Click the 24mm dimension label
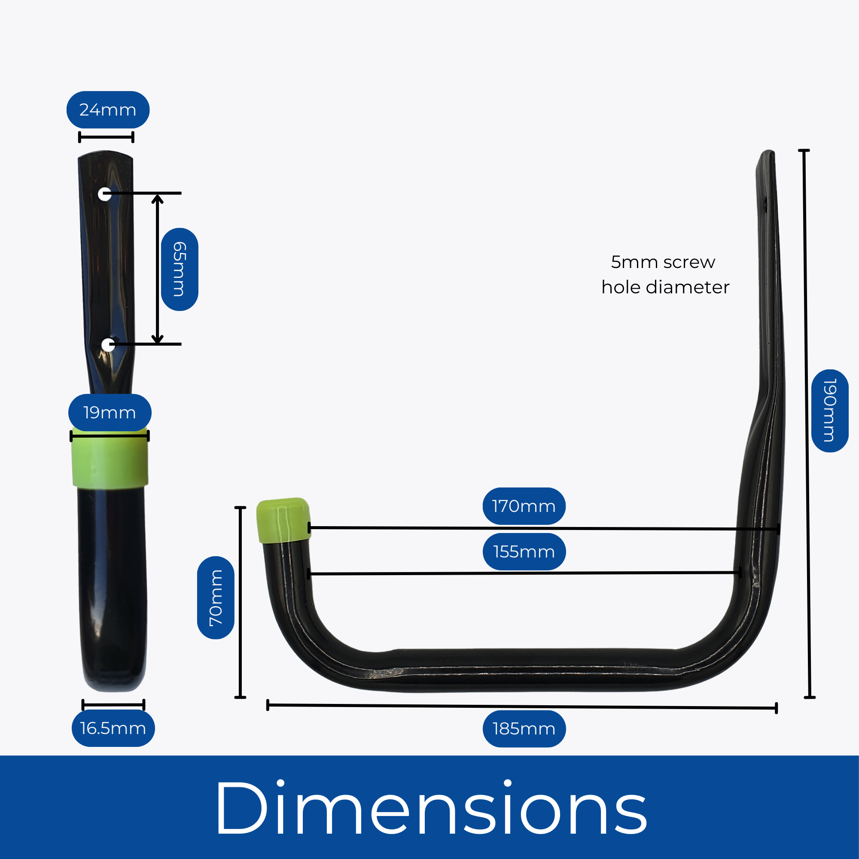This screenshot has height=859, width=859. (108, 110)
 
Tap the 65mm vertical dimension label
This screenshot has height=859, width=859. (179, 269)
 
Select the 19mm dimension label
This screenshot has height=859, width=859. (110, 413)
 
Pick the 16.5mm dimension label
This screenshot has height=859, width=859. (113, 728)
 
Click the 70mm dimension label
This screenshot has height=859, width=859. (216, 597)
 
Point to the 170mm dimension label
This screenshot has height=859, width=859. (524, 506)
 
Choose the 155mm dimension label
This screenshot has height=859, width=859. (524, 552)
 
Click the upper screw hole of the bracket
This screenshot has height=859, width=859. (104, 194)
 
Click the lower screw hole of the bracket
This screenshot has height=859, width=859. (108, 344)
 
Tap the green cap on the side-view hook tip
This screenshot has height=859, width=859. (283, 520)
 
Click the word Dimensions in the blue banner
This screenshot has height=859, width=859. (430, 808)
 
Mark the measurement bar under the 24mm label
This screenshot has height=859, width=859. (106, 137)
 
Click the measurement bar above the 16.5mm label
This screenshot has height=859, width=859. (113, 705)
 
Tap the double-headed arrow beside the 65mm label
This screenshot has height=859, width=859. (157, 269)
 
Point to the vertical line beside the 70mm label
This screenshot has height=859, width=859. (240, 602)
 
